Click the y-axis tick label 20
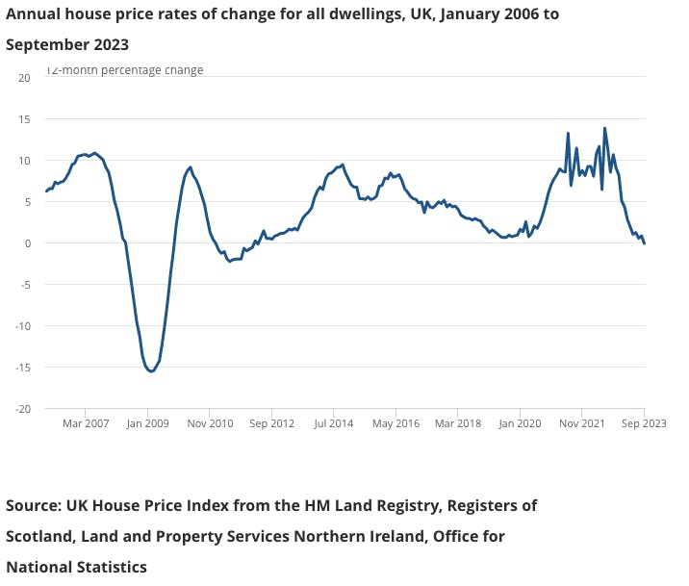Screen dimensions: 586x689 (x=25, y=77)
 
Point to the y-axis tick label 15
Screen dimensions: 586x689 (x=25, y=118)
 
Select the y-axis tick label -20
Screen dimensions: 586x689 (x=23, y=409)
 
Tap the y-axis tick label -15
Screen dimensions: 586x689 (x=23, y=368)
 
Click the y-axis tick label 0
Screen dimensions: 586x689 (x=28, y=242)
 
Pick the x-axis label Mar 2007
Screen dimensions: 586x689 (x=86, y=423)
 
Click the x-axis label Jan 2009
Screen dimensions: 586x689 (x=148, y=423)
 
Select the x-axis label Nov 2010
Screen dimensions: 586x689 (x=210, y=423)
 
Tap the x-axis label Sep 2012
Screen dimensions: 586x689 (x=272, y=423)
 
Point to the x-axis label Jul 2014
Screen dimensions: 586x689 (x=335, y=423)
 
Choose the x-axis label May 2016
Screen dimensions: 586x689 (x=396, y=423)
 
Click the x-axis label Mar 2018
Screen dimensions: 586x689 (x=458, y=423)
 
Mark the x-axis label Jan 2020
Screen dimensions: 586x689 (x=520, y=423)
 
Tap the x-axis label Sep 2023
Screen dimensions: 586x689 (x=644, y=423)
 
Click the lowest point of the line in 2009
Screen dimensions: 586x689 (x=151, y=371)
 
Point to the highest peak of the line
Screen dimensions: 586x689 (x=604, y=128)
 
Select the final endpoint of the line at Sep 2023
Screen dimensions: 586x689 (x=644, y=243)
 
